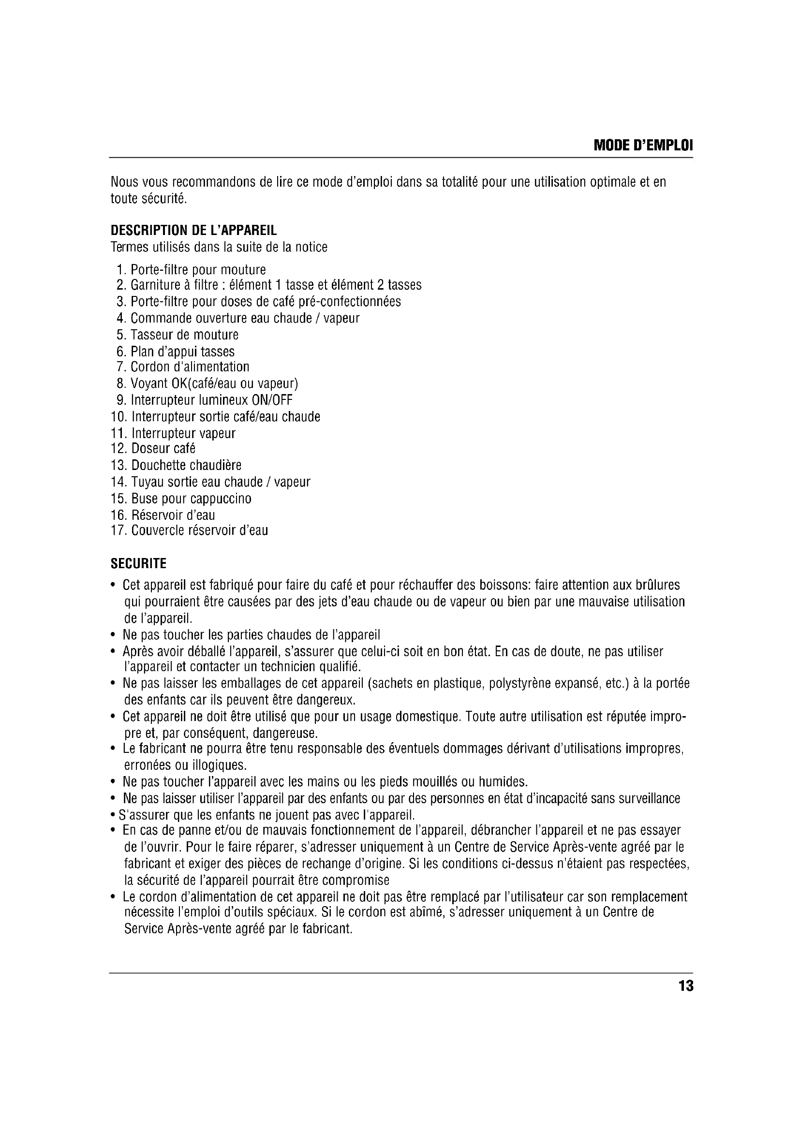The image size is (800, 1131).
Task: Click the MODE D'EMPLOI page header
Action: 643,146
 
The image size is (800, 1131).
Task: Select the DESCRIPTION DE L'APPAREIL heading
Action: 193,231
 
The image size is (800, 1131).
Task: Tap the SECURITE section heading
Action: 138,563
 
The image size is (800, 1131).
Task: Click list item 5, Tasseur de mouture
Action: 178,335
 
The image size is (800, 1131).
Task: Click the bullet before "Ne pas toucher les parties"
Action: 113,635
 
